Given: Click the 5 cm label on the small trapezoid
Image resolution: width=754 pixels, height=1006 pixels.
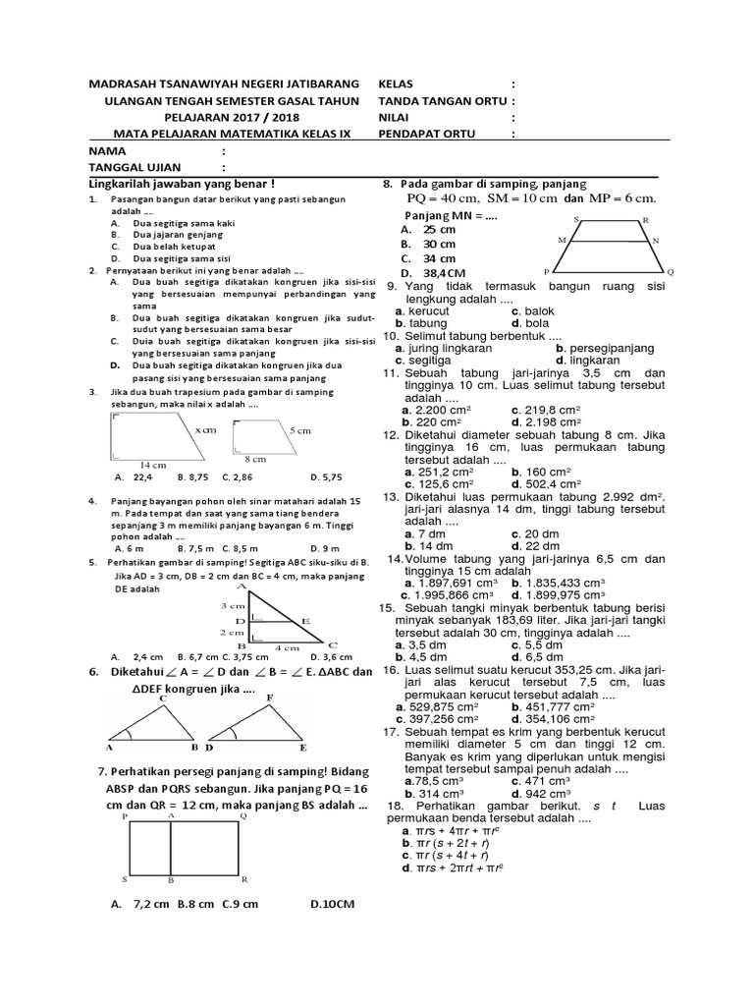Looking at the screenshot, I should coord(299,430).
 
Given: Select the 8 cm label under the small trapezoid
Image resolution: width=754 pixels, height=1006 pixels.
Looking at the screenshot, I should coord(255,459).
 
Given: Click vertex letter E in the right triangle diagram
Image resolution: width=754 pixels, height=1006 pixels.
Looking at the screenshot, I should coord(305,620).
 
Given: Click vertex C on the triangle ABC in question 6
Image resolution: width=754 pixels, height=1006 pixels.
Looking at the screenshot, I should coord(162,699).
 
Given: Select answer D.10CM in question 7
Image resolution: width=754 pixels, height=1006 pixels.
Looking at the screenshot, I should coord(331,904).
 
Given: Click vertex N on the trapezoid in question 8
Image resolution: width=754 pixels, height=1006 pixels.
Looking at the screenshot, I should coord(655,240).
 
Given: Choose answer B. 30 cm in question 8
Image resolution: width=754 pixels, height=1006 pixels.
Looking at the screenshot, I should coord(432,244).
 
